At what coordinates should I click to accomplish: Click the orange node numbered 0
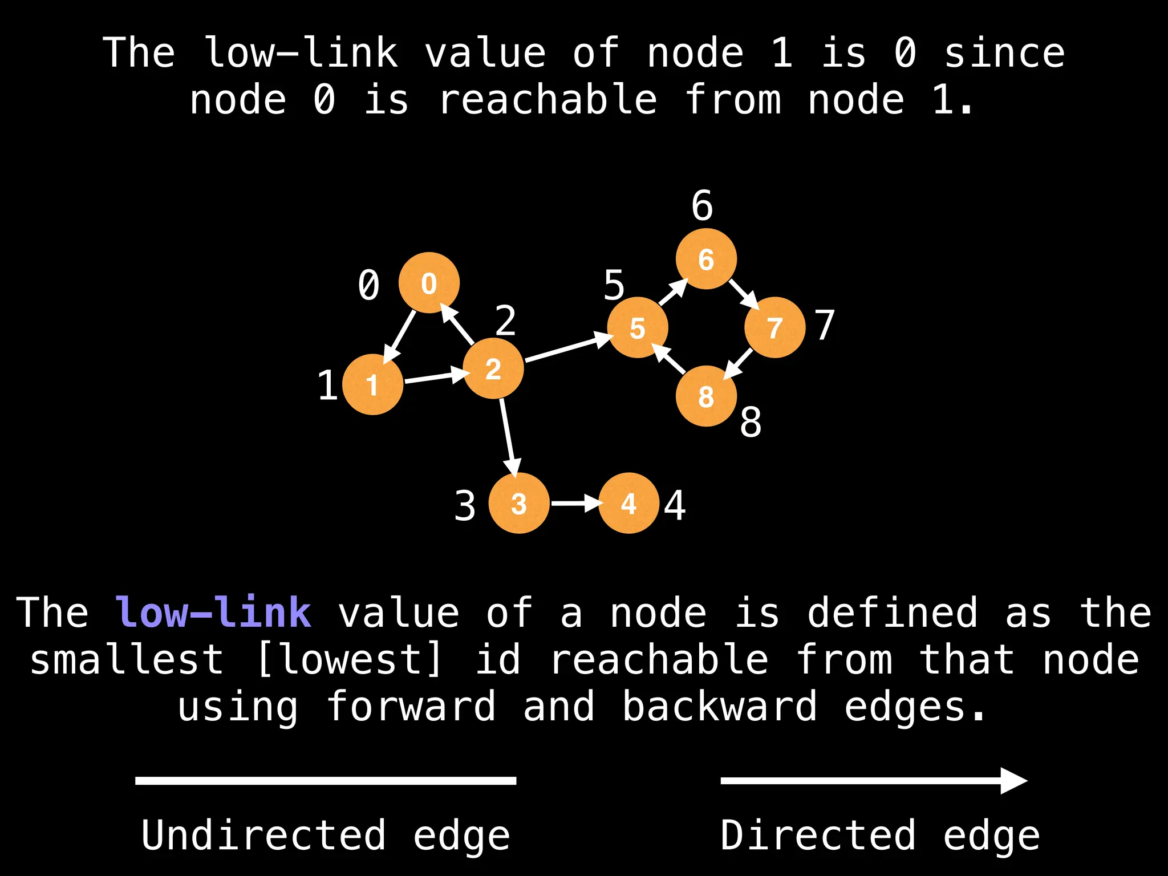[429, 283]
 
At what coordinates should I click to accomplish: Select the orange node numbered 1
[372, 384]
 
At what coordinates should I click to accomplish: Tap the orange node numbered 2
[493, 368]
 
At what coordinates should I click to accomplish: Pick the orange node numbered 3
[519, 503]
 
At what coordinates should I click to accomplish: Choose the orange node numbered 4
[628, 503]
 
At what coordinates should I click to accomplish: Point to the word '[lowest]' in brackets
[349, 659]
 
